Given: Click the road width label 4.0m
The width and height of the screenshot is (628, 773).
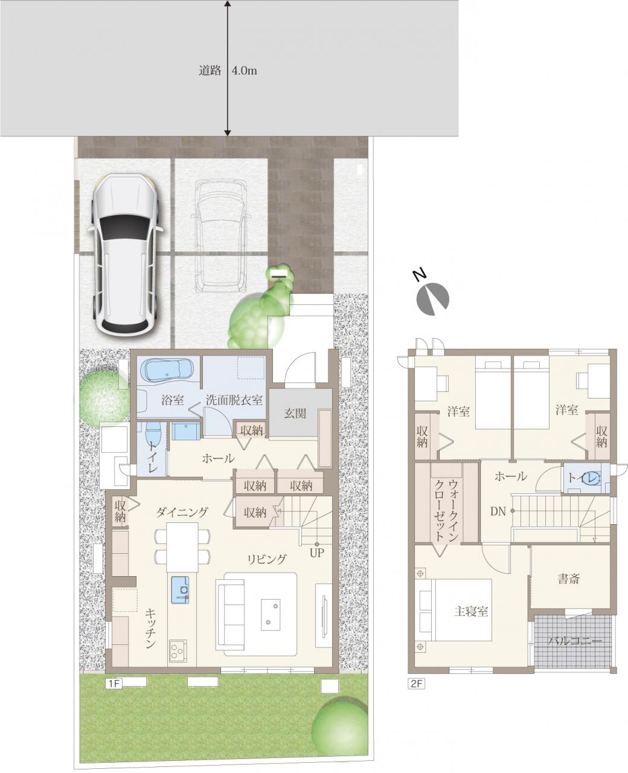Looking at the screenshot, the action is [244, 71].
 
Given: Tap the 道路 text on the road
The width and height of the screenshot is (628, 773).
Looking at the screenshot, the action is [210, 71].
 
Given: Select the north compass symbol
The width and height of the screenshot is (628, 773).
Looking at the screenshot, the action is [431, 296].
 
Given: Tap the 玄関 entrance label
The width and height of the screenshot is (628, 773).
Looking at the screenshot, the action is [295, 413].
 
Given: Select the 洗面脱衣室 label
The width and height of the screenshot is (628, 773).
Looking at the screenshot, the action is [234, 400].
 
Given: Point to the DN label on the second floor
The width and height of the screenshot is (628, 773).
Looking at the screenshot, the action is [498, 512].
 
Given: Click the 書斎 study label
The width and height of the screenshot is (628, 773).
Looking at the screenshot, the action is [568, 579].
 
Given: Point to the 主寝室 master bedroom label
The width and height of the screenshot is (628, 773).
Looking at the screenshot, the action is [471, 612].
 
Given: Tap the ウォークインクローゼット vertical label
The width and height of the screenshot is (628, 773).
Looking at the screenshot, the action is [447, 511].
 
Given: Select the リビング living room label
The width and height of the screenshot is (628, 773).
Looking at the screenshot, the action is [267, 559].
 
